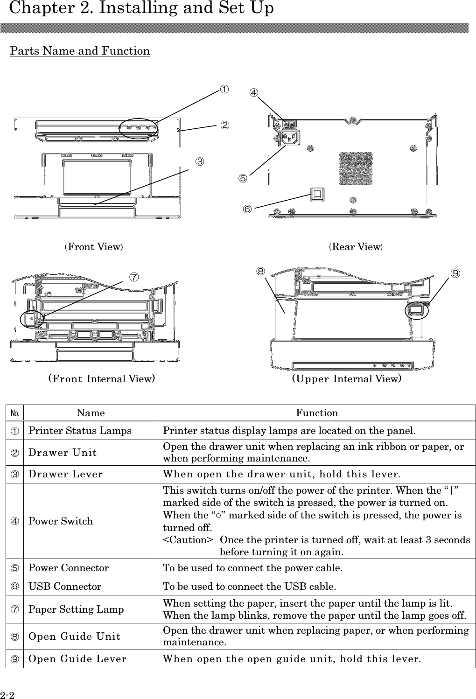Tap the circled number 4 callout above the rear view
pos(253,93)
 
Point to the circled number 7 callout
pos(133,277)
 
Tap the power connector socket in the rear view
pos(289,138)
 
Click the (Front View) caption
pos(94,247)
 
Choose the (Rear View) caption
pos(356,247)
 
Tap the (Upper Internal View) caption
pos(347,378)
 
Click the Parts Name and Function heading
pos(80,51)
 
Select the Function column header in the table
pos(317,413)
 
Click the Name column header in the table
pos(91,413)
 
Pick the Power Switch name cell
pos(61,521)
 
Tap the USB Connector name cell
pos(65,587)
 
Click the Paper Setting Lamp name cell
pos(76,609)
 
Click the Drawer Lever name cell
pos(66,475)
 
